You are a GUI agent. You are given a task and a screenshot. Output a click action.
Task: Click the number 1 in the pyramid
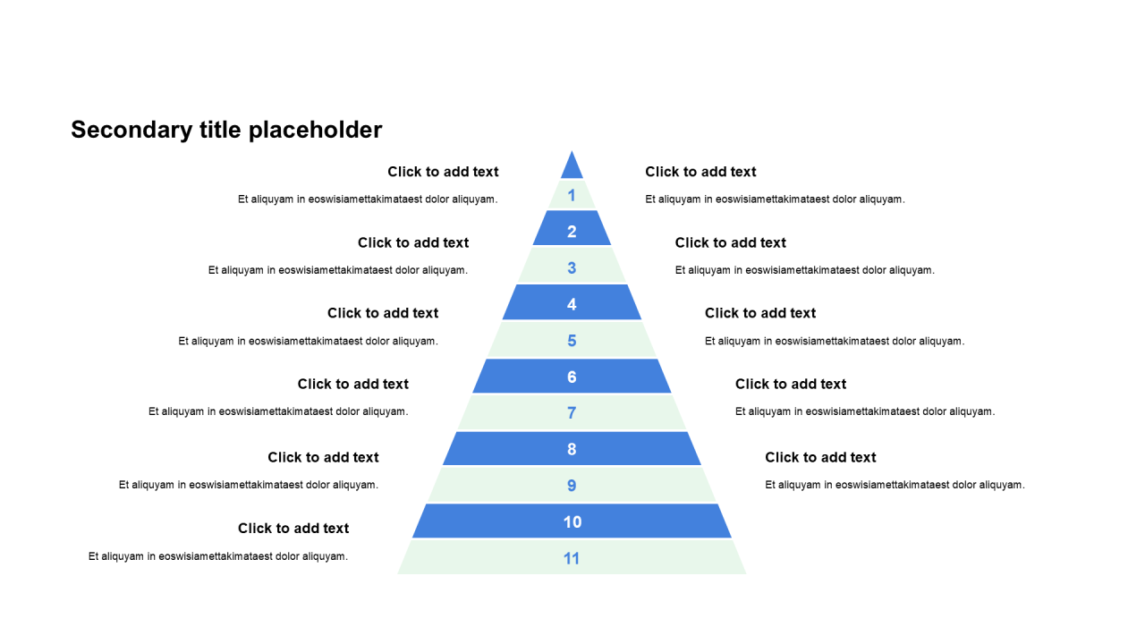pyautogui.click(x=572, y=195)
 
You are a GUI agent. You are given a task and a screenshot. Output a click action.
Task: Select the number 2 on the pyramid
pyautogui.click(x=572, y=232)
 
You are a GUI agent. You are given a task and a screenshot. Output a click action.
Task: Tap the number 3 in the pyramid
pyautogui.click(x=572, y=267)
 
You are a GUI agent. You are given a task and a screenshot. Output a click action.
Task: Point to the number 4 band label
pyautogui.click(x=572, y=304)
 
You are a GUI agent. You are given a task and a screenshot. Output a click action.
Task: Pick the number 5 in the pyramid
pyautogui.click(x=572, y=341)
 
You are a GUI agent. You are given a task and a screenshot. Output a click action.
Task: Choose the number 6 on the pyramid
pyautogui.click(x=572, y=377)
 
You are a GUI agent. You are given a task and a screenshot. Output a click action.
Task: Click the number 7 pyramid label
pyautogui.click(x=572, y=413)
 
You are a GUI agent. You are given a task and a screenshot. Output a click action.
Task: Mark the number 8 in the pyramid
pyautogui.click(x=572, y=449)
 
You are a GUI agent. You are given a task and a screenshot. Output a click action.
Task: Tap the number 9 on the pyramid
pyautogui.click(x=572, y=486)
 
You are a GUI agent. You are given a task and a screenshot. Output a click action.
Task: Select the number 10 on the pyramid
pyautogui.click(x=572, y=522)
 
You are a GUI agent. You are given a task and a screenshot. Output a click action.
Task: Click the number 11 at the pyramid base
pyautogui.click(x=572, y=558)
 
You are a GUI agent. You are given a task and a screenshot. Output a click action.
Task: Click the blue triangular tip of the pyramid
pyautogui.click(x=572, y=167)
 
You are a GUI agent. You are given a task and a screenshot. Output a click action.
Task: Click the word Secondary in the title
pyautogui.click(x=130, y=131)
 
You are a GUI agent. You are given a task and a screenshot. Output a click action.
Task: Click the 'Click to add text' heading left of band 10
pyautogui.click(x=293, y=529)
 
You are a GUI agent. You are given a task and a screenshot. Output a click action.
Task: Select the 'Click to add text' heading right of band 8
pyautogui.click(x=820, y=457)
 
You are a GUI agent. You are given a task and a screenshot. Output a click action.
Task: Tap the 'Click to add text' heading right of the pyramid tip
pyautogui.click(x=700, y=172)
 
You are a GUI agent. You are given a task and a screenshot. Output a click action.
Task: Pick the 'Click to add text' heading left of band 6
pyautogui.click(x=353, y=384)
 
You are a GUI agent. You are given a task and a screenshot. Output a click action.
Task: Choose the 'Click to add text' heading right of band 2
pyautogui.click(x=731, y=242)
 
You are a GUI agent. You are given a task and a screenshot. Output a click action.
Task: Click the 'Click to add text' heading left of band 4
pyautogui.click(x=383, y=313)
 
